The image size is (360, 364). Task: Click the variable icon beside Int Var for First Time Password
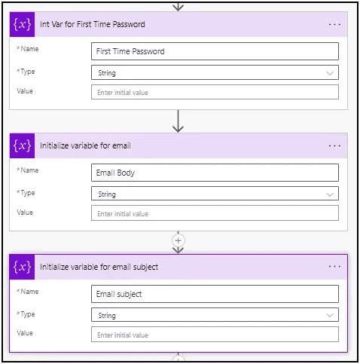click(22, 24)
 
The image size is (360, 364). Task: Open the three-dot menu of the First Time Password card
click(334, 24)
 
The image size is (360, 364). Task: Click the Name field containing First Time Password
click(215, 51)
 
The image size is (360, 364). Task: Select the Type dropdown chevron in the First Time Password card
click(330, 73)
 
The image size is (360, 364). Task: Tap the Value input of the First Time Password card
click(215, 92)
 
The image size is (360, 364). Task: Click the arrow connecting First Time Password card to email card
click(178, 121)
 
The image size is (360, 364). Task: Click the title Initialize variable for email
click(85, 145)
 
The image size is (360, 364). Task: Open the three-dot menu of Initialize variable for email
click(334, 145)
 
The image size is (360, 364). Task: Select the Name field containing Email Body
click(215, 173)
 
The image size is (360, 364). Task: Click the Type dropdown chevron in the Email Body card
click(330, 194)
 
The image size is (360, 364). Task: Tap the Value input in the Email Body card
click(215, 213)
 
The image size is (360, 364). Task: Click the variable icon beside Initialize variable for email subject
click(22, 267)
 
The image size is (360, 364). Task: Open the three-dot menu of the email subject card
click(334, 266)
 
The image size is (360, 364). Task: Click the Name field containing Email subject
click(215, 294)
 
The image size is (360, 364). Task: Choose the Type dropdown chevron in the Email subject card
click(330, 315)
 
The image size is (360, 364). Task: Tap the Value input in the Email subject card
click(215, 335)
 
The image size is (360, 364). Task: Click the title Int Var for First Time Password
click(93, 24)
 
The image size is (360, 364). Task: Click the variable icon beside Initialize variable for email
click(22, 145)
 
